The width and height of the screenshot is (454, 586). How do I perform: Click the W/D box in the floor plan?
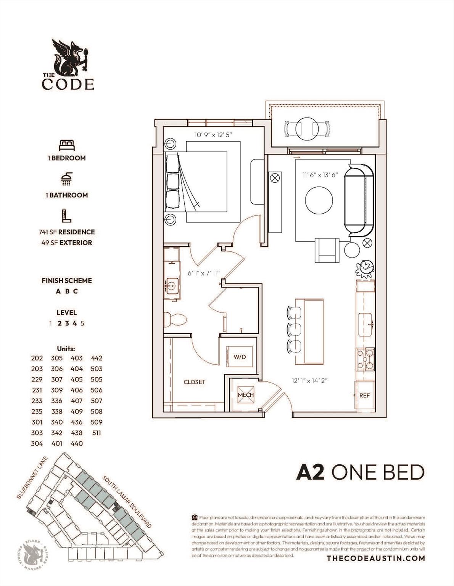tap(240, 357)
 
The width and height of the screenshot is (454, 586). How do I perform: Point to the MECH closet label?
tap(245, 395)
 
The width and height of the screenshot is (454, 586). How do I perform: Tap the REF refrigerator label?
tap(364, 396)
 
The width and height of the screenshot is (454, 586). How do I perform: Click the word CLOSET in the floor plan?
tap(194, 382)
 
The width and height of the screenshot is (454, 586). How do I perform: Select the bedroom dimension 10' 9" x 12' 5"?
tap(213, 135)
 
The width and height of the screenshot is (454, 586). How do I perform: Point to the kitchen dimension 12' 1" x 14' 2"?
tap(309, 380)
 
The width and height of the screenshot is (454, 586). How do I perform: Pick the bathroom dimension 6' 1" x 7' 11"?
tap(204, 273)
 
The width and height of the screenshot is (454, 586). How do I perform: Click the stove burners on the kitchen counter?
tap(365, 359)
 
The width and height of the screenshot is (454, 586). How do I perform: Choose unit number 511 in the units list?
tap(97, 433)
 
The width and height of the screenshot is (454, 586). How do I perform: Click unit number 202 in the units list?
tap(37, 358)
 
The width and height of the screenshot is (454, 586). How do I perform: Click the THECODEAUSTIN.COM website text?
tap(376, 558)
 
